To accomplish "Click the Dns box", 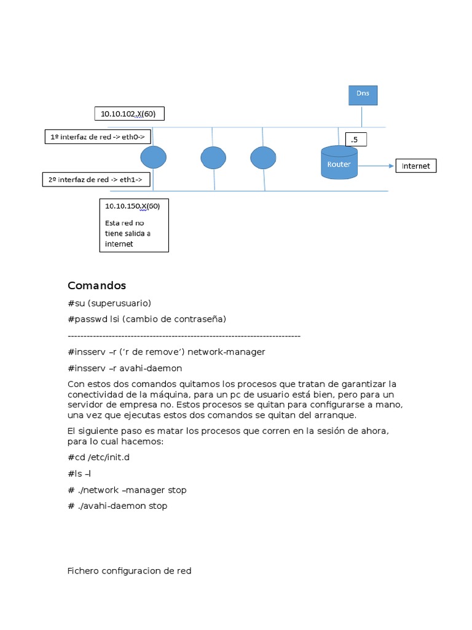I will point(363,95).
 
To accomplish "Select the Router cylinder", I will point(339,163).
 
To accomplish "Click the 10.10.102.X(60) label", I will point(129,114).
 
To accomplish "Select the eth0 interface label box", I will point(97,137).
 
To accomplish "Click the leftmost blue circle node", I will point(153,157).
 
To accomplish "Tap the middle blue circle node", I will point(213,157).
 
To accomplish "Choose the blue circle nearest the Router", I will point(262,157).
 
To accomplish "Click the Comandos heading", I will point(96,285).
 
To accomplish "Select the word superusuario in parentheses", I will point(122,303).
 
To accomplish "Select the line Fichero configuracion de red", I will point(129,571).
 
